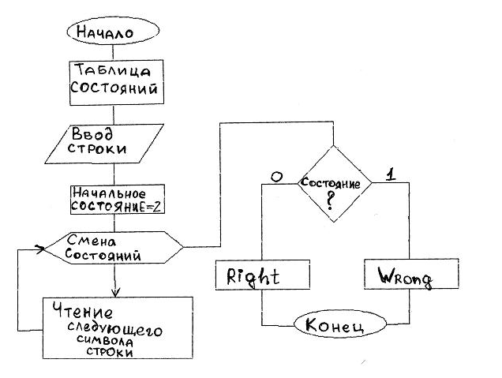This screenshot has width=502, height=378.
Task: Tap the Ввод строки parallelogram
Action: click(x=104, y=144)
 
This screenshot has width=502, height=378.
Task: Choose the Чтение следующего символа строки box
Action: click(x=118, y=327)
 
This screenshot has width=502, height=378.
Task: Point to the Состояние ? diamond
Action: click(x=335, y=183)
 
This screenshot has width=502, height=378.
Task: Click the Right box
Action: click(x=263, y=275)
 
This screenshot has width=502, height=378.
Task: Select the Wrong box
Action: click(x=411, y=274)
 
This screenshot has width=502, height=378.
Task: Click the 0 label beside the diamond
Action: click(x=276, y=176)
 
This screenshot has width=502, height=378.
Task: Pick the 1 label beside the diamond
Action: click(x=390, y=174)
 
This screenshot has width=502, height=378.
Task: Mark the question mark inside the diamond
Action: click(x=330, y=201)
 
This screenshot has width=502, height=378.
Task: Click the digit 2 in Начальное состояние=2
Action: click(x=156, y=207)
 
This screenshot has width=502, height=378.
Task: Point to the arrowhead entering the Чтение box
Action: click(x=115, y=293)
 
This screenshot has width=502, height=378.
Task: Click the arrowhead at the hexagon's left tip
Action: click(x=40, y=249)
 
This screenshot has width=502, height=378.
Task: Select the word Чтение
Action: click(x=83, y=310)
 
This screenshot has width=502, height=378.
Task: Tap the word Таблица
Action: click(x=112, y=69)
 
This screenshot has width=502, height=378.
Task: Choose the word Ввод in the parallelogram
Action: click(x=92, y=133)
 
